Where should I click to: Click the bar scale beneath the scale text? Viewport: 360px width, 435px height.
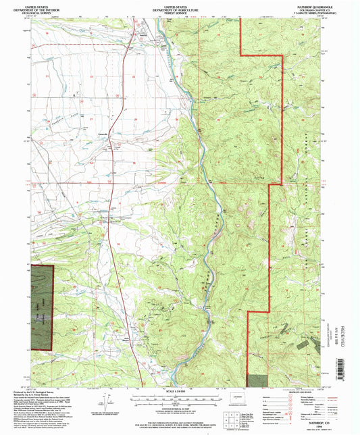tap(180, 397)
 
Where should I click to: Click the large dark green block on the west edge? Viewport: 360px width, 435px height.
tap(42, 307)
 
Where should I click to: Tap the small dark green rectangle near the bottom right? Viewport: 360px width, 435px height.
tap(257, 383)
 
